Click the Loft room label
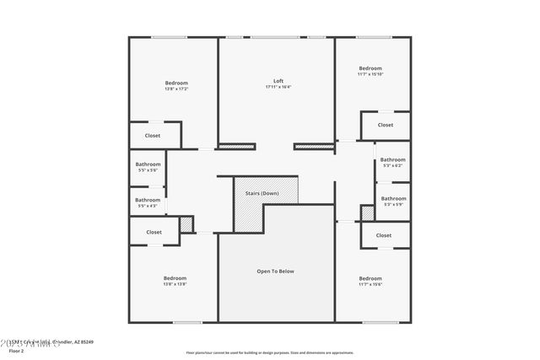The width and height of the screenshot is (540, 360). tap(278, 81)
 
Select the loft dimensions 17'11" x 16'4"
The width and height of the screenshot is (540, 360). tap(278, 87)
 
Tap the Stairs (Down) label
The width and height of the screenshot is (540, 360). tap(262, 193)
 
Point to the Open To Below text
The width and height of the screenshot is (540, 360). tap(275, 271)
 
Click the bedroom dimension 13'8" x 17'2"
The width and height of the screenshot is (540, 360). tap(175, 89)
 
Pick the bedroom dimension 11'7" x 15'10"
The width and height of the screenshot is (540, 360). tap(370, 74)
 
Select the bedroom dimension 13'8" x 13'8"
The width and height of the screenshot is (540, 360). tap(175, 284)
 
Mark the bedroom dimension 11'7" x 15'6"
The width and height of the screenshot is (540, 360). tap(370, 285)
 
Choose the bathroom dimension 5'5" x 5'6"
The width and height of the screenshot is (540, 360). tap(148, 170)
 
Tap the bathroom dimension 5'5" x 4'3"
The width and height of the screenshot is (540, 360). tap(148, 206)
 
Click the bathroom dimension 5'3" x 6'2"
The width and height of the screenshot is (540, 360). tap(392, 165)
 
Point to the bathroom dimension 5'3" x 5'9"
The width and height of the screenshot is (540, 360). tap(393, 204)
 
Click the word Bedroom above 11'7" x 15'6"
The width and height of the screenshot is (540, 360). tap(370, 278)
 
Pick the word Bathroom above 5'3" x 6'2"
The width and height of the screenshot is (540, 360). tap(392, 159)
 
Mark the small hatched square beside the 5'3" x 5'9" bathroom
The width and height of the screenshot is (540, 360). tap(367, 212)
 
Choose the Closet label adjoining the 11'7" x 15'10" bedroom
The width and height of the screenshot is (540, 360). tap(385, 125)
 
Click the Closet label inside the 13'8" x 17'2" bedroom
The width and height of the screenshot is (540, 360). tap(153, 135)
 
